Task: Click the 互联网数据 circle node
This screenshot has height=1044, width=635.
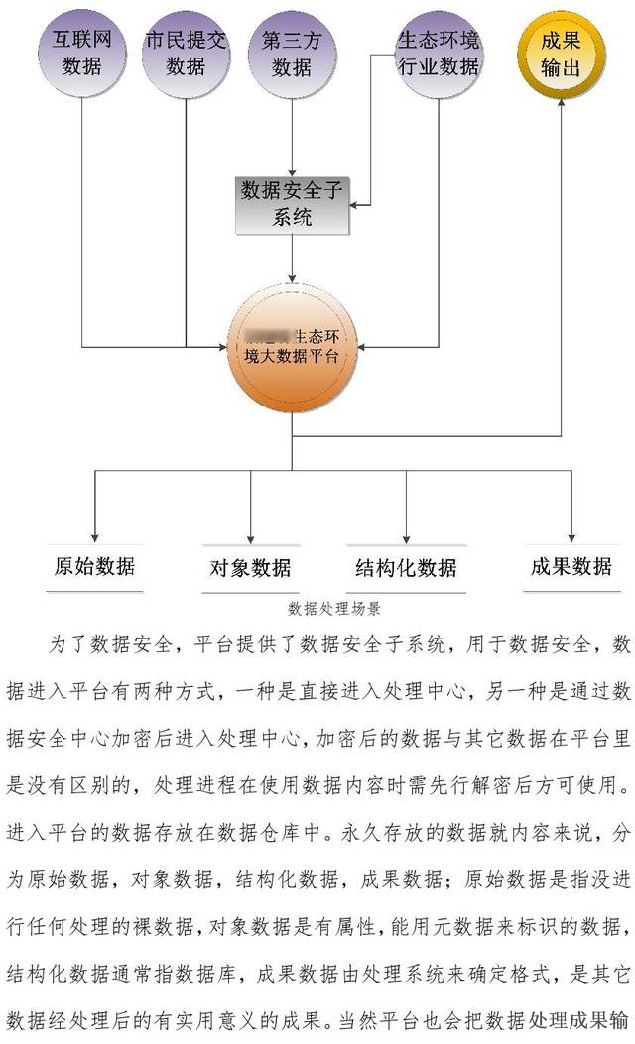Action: pos(81,55)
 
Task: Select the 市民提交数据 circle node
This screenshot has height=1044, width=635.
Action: pos(186,55)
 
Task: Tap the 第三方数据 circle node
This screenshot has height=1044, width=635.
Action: pos(292,55)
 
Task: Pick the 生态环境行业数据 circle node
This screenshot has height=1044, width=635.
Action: pos(438,55)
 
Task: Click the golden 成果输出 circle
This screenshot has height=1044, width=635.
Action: pos(562,55)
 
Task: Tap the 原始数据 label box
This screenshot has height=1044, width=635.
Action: pos(94,567)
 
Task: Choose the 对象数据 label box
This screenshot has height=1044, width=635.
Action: pos(250,568)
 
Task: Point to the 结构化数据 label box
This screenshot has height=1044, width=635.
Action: pos(406,568)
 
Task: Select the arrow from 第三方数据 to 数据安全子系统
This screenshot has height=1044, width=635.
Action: pos(292,139)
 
